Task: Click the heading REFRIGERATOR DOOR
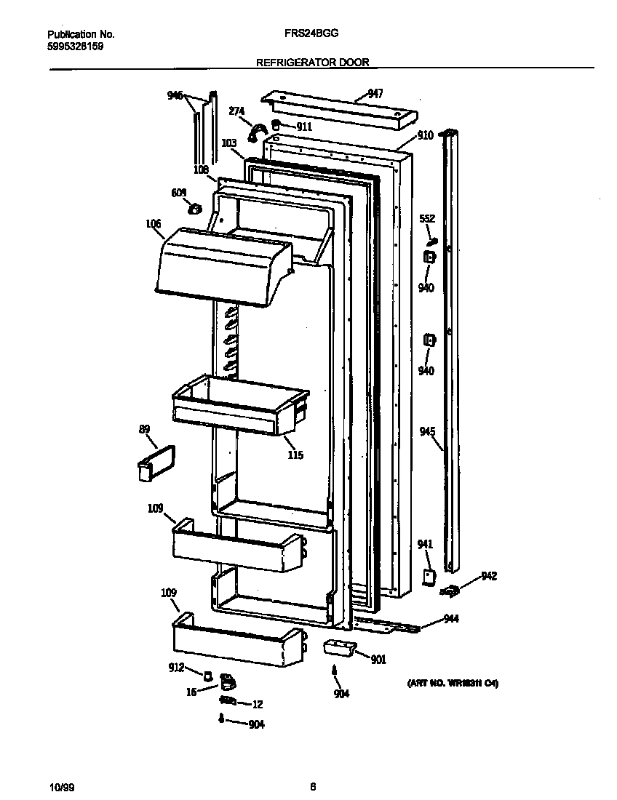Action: [x=313, y=63]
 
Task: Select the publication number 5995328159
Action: [x=75, y=45]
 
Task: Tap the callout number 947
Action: [x=375, y=93]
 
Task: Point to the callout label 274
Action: [x=236, y=111]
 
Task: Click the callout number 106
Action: [x=154, y=224]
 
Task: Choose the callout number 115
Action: [x=295, y=455]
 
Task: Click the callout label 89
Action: [x=144, y=430]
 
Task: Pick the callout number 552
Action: [x=427, y=218]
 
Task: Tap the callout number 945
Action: [x=428, y=432]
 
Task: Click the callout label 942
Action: [x=489, y=577]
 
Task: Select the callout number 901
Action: [x=378, y=660]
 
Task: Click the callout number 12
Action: [x=257, y=704]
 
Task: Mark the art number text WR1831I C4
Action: [x=452, y=684]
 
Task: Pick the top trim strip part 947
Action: [x=339, y=110]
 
